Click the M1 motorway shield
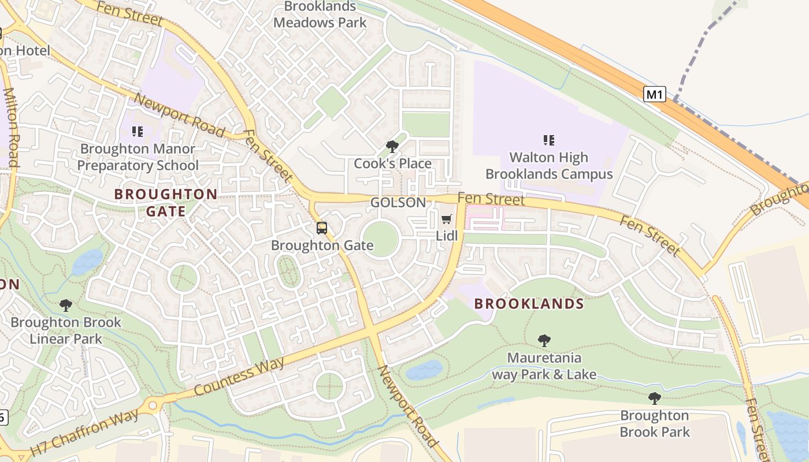click(x=654, y=94)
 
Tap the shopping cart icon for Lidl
click(x=446, y=219)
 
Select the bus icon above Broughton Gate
click(x=322, y=228)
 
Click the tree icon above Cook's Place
click(x=392, y=147)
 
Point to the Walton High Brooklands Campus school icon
click(x=549, y=140)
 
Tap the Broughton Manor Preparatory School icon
click(x=137, y=132)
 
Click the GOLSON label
click(x=398, y=203)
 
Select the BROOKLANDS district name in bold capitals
click(x=529, y=304)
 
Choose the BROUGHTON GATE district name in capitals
click(x=166, y=203)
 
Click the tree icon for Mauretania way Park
click(x=544, y=341)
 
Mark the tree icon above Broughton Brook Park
click(x=654, y=398)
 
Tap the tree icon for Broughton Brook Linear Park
click(x=66, y=305)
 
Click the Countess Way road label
click(x=239, y=377)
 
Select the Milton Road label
click(x=12, y=127)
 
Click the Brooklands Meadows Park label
click(x=320, y=14)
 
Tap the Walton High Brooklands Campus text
click(x=548, y=166)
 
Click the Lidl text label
click(x=447, y=236)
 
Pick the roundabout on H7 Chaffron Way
click(x=155, y=404)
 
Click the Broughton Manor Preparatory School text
click(x=138, y=157)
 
